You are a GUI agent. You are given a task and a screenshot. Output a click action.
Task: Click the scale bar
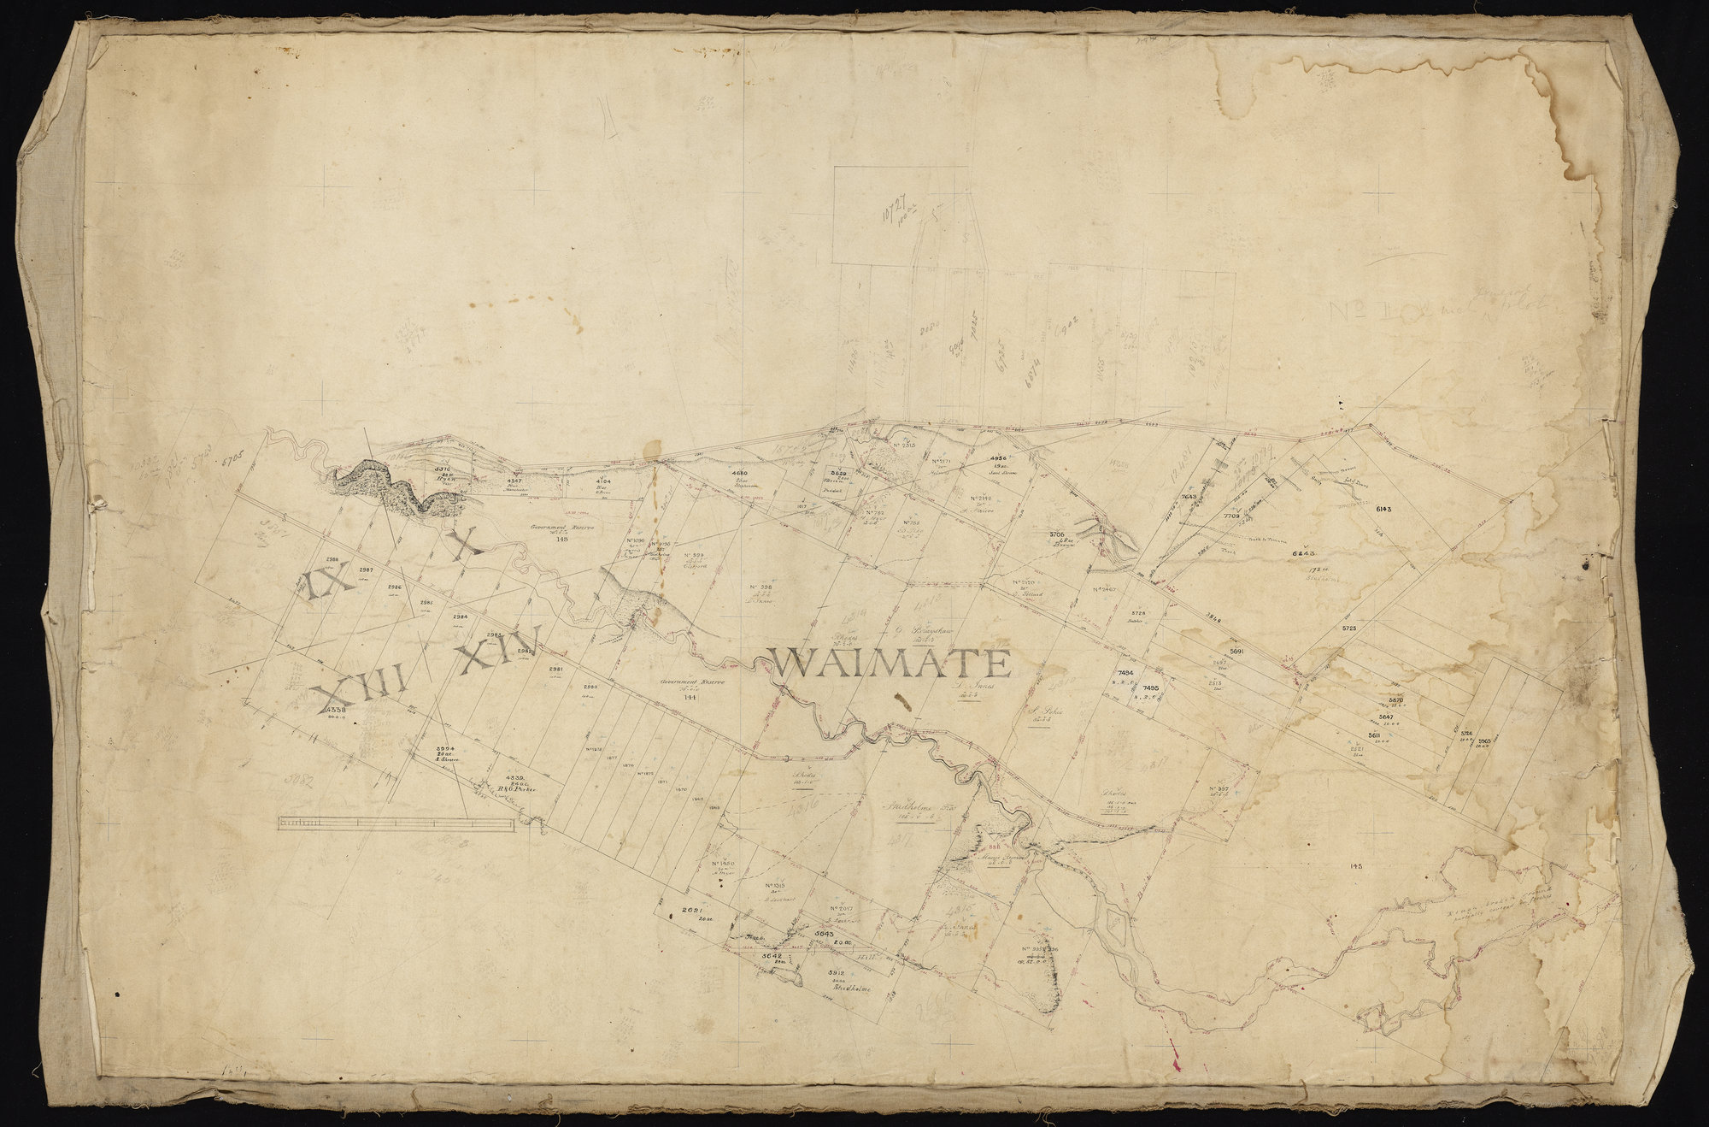pos(395,823)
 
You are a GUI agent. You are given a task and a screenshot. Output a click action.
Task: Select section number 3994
pos(448,747)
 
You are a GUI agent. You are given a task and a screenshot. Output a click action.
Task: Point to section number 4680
pos(739,473)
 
